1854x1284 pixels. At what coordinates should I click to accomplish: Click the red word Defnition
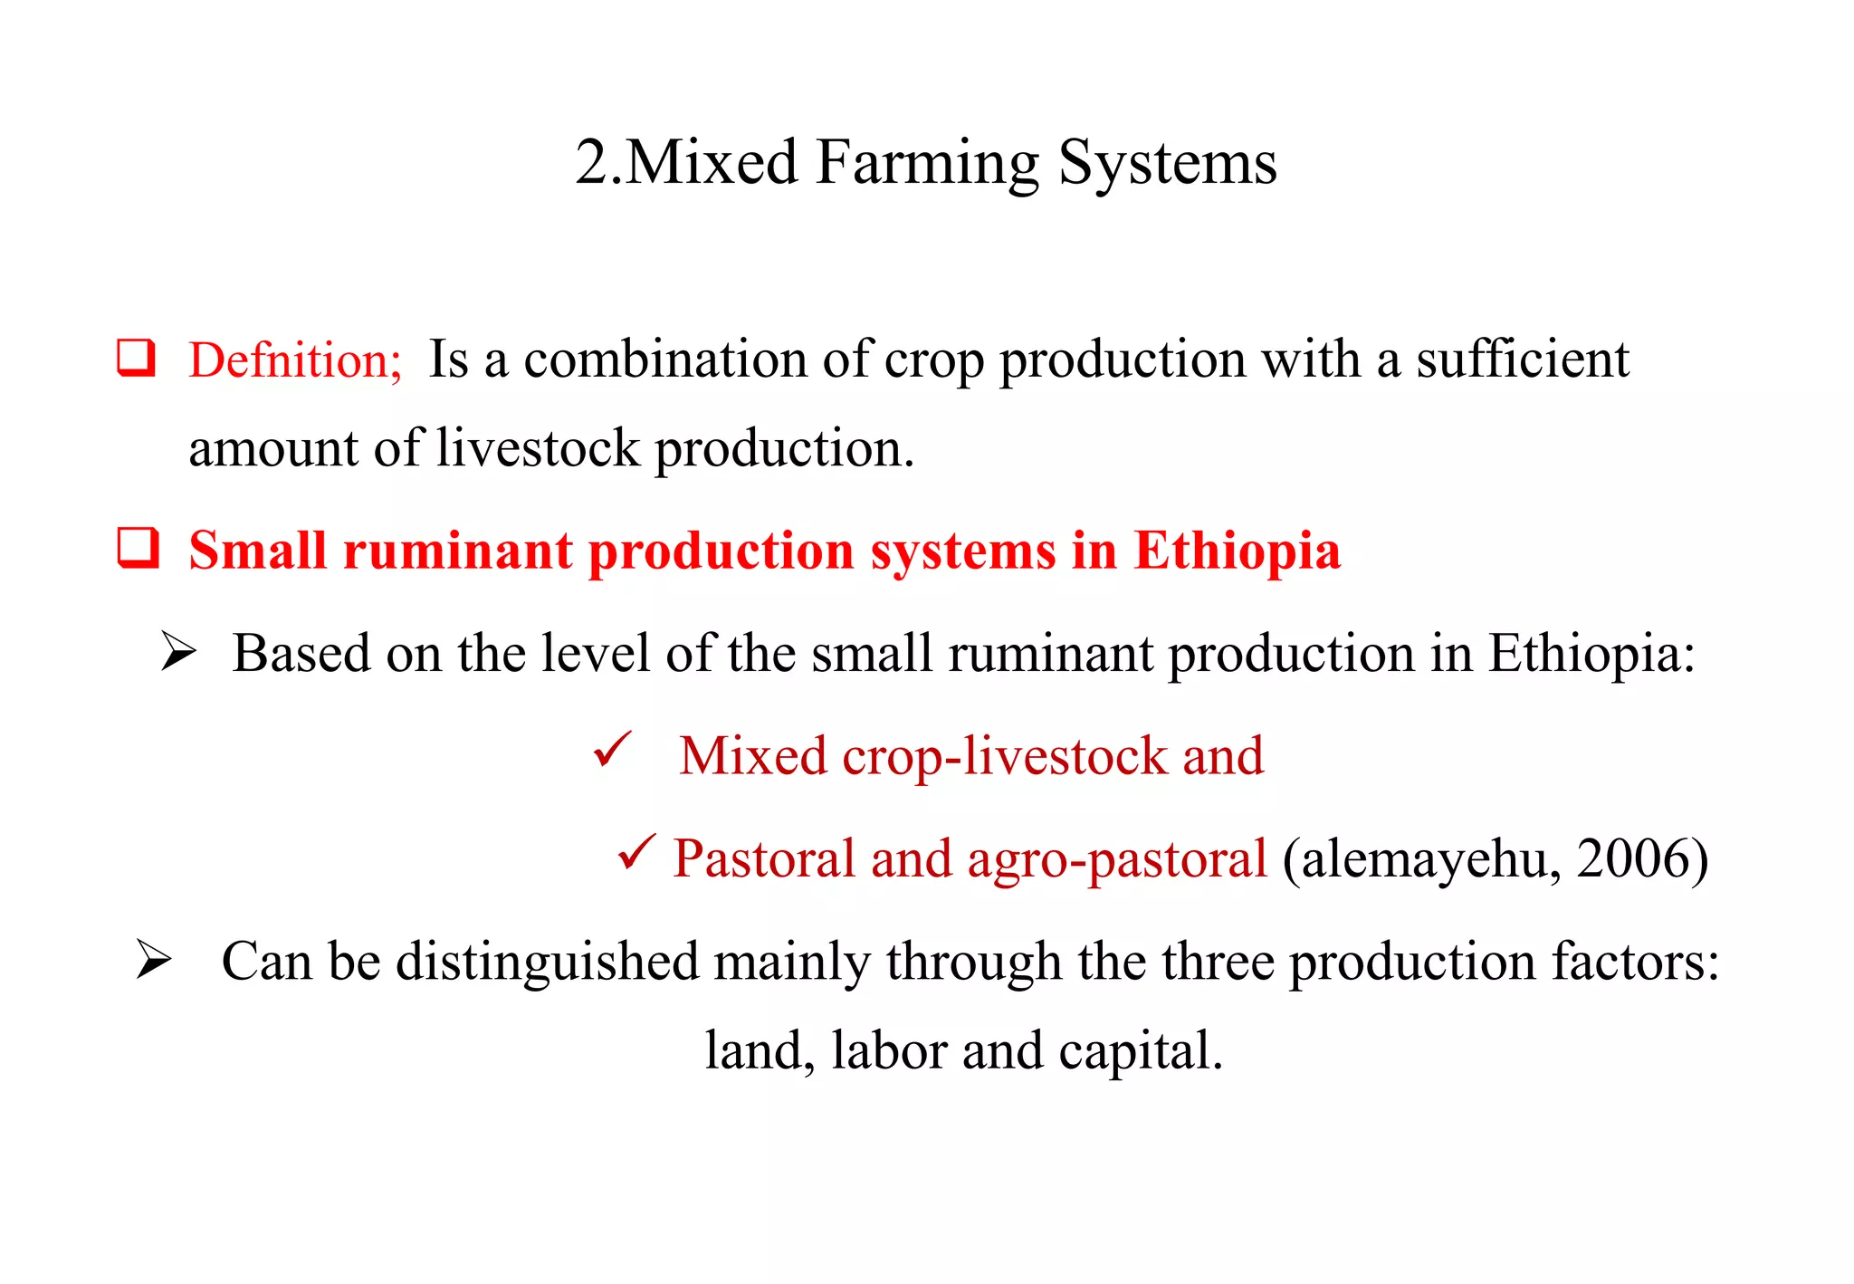(292, 360)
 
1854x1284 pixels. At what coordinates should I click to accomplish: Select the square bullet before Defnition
(136, 358)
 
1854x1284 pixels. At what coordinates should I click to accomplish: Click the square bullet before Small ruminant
(138, 548)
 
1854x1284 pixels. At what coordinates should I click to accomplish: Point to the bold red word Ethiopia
(1237, 551)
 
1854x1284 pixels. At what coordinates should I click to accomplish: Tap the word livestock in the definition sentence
(538, 448)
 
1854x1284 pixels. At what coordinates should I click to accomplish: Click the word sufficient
(1523, 359)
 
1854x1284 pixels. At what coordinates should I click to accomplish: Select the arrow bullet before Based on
(178, 652)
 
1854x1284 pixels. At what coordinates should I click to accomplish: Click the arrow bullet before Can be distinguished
(153, 960)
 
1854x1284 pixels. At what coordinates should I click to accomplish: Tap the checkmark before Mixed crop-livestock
(612, 751)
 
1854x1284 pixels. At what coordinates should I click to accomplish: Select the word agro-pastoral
(1117, 859)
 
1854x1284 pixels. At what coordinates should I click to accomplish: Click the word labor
(888, 1051)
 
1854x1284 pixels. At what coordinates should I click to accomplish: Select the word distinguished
(548, 962)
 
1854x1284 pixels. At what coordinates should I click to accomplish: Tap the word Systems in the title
(1168, 165)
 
